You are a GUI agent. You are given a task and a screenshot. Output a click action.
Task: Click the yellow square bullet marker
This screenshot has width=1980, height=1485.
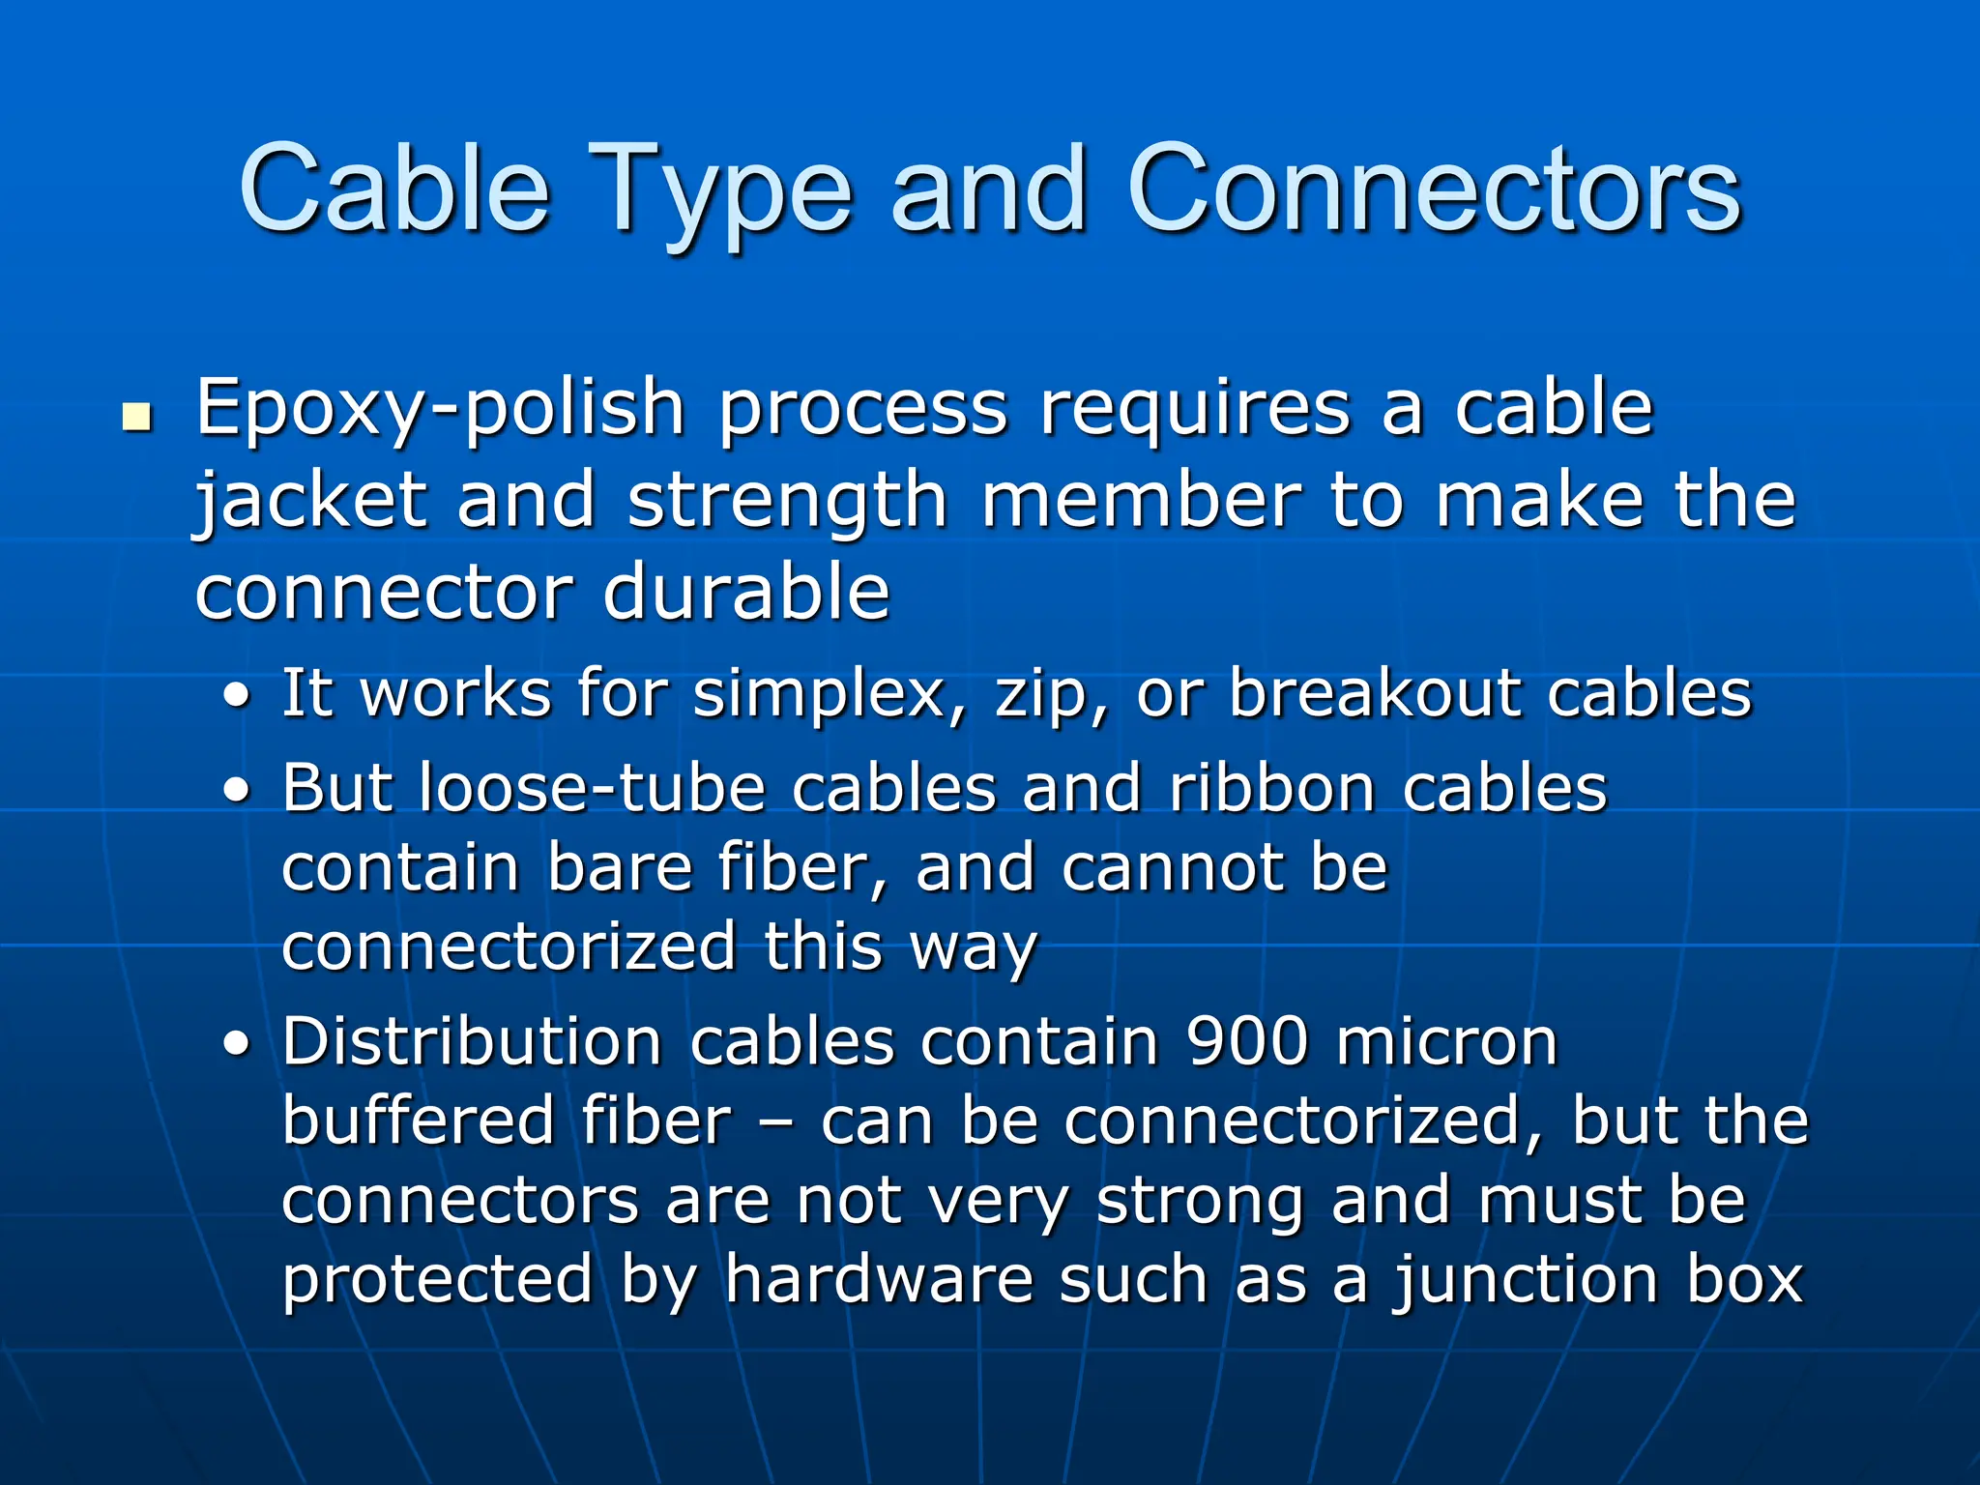click(x=137, y=418)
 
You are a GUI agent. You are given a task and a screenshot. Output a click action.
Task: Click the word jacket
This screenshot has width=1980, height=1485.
click(x=311, y=503)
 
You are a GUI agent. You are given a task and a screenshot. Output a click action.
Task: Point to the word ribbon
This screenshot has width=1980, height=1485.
click(x=1272, y=788)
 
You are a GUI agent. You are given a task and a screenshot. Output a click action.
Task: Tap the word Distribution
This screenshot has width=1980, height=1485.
click(x=472, y=1041)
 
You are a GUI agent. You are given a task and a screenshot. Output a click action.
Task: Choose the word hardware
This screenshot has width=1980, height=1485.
click(x=879, y=1279)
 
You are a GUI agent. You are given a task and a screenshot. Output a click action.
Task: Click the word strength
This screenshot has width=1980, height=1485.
click(x=787, y=503)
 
